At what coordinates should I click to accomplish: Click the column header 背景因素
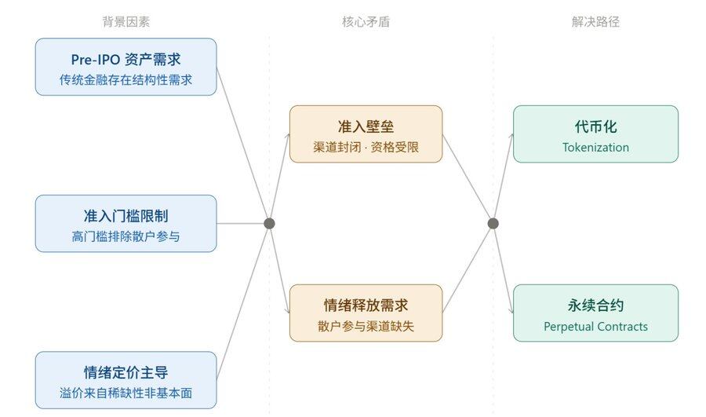click(126, 22)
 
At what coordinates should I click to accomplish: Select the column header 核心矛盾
click(366, 22)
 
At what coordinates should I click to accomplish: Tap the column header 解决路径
click(595, 22)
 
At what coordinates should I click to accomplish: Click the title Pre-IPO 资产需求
click(126, 60)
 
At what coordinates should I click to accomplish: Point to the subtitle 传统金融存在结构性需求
click(126, 80)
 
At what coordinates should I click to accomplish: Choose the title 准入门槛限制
click(126, 216)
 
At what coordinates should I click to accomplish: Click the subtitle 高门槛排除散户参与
click(126, 236)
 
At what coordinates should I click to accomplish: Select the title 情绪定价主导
click(126, 372)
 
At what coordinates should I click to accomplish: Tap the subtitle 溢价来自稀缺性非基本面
click(126, 393)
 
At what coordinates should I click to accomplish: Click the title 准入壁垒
click(366, 126)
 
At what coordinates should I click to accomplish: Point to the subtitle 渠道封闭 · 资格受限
click(366, 147)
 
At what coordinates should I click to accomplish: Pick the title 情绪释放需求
click(366, 305)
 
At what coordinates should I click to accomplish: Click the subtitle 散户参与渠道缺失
click(366, 326)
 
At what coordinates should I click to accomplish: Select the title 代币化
click(595, 126)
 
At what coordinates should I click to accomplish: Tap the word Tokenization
click(595, 147)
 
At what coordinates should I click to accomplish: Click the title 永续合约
click(595, 305)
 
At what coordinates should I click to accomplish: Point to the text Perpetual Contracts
click(595, 326)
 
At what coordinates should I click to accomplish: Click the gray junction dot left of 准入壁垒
click(269, 224)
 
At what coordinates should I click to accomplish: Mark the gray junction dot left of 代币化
click(493, 224)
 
